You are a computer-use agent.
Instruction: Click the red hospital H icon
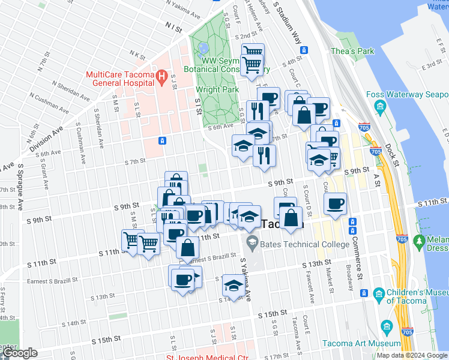pos(161,77)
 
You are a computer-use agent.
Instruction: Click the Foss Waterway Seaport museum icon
pos(379,107)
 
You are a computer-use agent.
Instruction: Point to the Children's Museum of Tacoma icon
pos(379,294)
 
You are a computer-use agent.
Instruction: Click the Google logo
pos(19,353)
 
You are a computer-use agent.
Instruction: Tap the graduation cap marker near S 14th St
pos(232,285)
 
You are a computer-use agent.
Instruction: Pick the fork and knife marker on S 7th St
pos(264,156)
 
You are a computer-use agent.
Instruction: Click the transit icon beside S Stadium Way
pos(304,50)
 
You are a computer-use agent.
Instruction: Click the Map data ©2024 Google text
pos(412,355)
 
